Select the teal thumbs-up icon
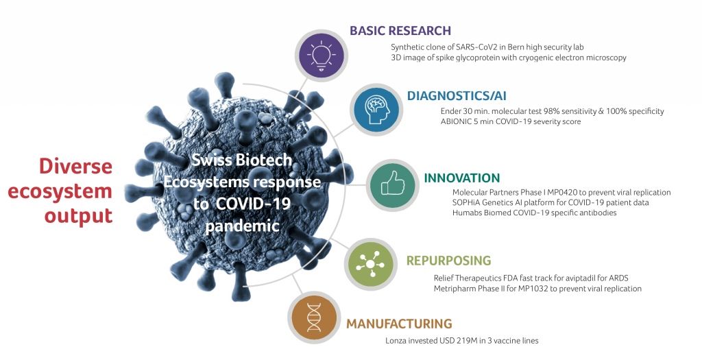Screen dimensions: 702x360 pyautogui.click(x=393, y=185)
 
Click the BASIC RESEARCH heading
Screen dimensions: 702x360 pyautogui.click(x=400, y=30)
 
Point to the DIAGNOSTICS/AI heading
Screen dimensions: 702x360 pyautogui.click(x=457, y=96)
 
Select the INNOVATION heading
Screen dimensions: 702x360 pyautogui.click(x=461, y=178)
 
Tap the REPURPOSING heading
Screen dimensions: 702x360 pyautogui.click(x=448, y=261)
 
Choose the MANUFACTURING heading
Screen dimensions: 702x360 pyautogui.click(x=400, y=324)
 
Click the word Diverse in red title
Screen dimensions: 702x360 pyautogui.click(x=75, y=166)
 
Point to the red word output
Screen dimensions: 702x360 pyautogui.click(x=78, y=216)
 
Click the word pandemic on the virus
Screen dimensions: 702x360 pyautogui.click(x=242, y=226)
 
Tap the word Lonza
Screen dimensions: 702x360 pyautogui.click(x=396, y=341)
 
